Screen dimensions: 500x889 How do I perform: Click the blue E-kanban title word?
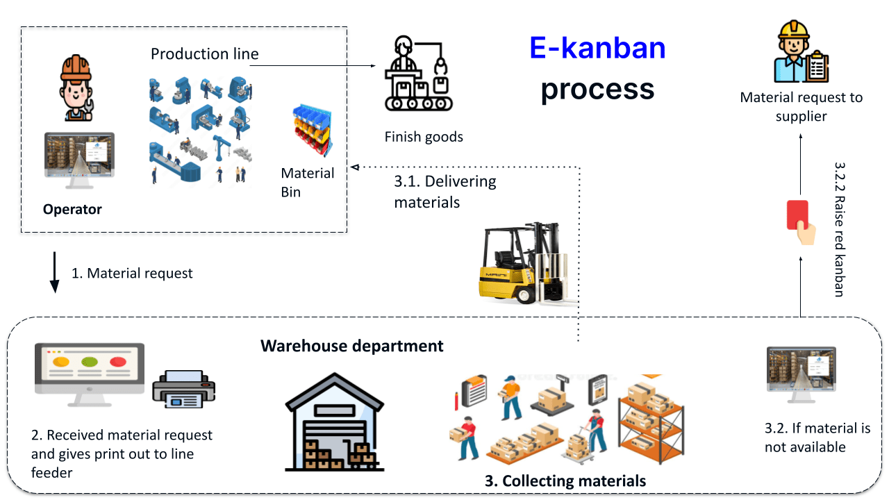click(x=597, y=48)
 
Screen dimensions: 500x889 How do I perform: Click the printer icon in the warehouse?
click(x=184, y=389)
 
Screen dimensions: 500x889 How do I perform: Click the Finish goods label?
click(x=424, y=137)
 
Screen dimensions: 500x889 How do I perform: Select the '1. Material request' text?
click(x=132, y=273)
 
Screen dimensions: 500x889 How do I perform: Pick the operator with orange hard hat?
click(x=75, y=87)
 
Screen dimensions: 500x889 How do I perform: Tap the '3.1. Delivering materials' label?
click(x=444, y=192)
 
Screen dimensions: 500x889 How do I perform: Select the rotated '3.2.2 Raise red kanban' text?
click(x=839, y=229)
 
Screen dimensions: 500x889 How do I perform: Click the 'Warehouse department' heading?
click(x=351, y=345)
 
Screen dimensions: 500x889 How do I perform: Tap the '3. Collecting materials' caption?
click(x=565, y=481)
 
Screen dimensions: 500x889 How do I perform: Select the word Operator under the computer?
click(x=72, y=209)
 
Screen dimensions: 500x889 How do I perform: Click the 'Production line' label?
click(x=204, y=53)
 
